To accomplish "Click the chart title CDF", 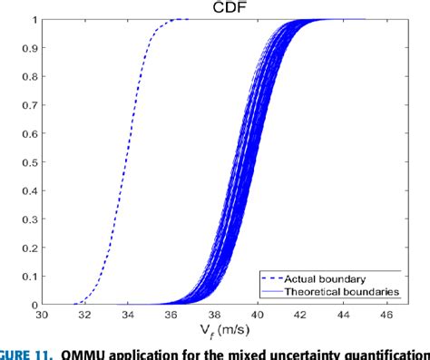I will click(x=215, y=7).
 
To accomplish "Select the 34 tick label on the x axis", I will click(x=128, y=316).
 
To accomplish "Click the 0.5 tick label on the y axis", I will click(x=28, y=162).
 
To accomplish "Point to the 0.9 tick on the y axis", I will click(x=28, y=48).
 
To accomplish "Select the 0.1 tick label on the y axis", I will click(x=28, y=277).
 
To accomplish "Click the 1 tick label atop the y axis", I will click(x=34, y=19).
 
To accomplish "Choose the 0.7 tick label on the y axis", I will click(x=28, y=105).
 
